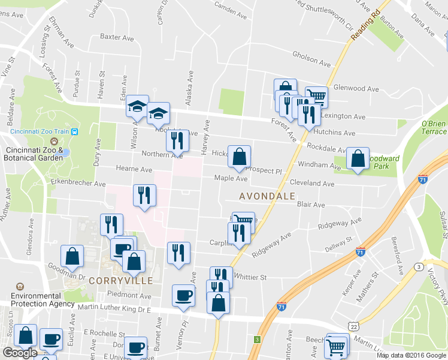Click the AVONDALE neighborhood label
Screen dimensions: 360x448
point(267,196)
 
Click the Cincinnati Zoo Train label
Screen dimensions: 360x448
point(40,131)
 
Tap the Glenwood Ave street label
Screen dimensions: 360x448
point(356,89)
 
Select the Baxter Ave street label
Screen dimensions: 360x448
point(117,37)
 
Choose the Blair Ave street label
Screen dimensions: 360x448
point(311,205)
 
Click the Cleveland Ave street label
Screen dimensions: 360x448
point(311,184)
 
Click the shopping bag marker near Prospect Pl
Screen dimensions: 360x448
point(239,157)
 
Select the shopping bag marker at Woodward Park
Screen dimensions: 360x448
point(358,159)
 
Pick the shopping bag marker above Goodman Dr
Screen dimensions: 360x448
point(72,256)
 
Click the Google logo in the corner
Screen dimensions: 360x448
point(20,353)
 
